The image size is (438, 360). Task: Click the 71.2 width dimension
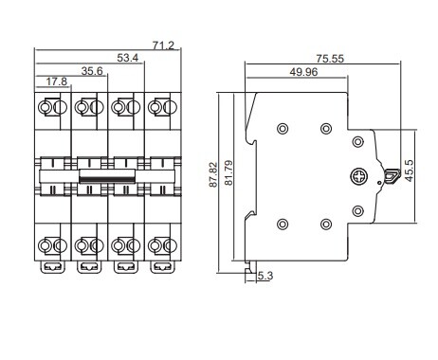(163, 45)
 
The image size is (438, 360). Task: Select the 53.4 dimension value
(128, 58)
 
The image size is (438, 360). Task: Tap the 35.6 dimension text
(92, 71)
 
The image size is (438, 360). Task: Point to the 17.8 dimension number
(57, 81)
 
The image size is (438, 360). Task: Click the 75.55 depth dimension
(330, 59)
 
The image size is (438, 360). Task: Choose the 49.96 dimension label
(303, 72)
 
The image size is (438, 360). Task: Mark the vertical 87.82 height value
(213, 174)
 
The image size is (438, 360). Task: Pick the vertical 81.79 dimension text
(228, 173)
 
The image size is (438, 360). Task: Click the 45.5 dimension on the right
(410, 171)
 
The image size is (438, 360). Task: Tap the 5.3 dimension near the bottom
(265, 276)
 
